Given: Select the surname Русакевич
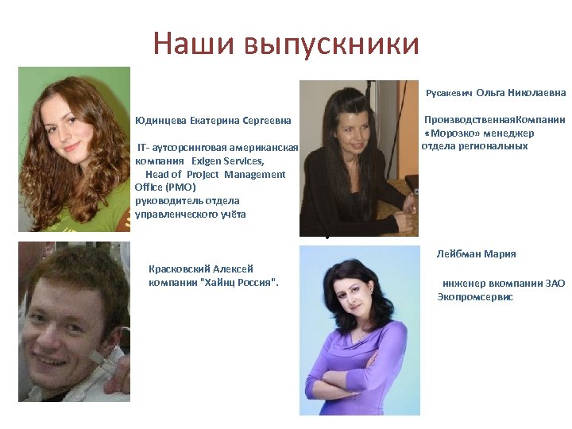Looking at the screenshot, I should (449, 94).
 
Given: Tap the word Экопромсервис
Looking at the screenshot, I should (475, 297).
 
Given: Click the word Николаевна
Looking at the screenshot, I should (536, 93).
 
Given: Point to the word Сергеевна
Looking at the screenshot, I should (267, 121).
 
